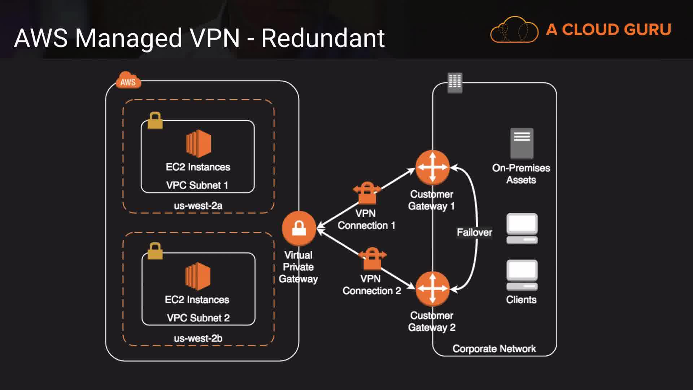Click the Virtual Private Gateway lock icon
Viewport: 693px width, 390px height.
click(x=299, y=229)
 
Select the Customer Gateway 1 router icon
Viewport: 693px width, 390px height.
click(x=432, y=168)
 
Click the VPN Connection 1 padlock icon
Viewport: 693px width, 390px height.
click(x=367, y=193)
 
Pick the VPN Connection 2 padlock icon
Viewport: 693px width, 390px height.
click(x=372, y=259)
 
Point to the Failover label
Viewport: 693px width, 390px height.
click(x=474, y=232)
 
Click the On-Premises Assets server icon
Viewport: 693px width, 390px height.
click(x=522, y=143)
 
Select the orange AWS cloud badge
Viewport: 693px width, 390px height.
click(x=128, y=81)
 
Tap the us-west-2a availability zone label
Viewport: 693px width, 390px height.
click(x=198, y=206)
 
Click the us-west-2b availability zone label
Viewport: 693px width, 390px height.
click(x=198, y=338)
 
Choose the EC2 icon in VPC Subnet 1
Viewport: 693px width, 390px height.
click(x=198, y=143)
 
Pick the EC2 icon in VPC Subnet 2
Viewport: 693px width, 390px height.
click(x=197, y=276)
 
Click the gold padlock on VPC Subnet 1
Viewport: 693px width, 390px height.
click(x=155, y=121)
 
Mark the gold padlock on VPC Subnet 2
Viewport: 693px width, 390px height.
click(x=155, y=251)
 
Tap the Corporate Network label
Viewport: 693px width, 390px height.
click(x=494, y=349)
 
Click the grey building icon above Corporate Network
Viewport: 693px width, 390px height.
click(x=455, y=83)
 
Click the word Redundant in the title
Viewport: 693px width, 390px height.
click(x=323, y=38)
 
